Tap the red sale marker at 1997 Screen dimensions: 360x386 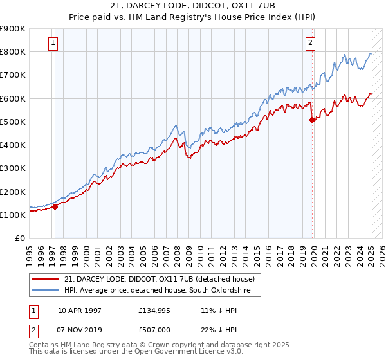click(55, 206)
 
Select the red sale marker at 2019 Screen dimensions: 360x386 click(312, 120)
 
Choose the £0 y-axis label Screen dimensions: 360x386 click(19, 239)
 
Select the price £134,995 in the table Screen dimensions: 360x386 click(153, 310)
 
